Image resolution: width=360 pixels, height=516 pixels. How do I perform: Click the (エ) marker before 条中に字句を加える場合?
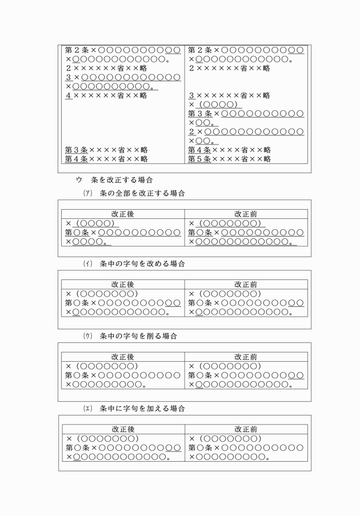87,409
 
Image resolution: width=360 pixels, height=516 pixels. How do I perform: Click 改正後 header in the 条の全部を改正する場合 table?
123,214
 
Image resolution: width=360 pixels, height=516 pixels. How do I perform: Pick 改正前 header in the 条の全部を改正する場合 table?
246,214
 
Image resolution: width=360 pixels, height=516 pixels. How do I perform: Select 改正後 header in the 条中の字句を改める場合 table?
123,284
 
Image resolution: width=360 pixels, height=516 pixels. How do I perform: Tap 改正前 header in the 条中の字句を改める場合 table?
246,284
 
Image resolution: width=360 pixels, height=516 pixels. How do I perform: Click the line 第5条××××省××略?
229,159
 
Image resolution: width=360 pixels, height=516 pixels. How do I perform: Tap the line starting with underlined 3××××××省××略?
229,95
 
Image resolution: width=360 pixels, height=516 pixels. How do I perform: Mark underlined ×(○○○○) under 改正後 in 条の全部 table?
91,223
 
